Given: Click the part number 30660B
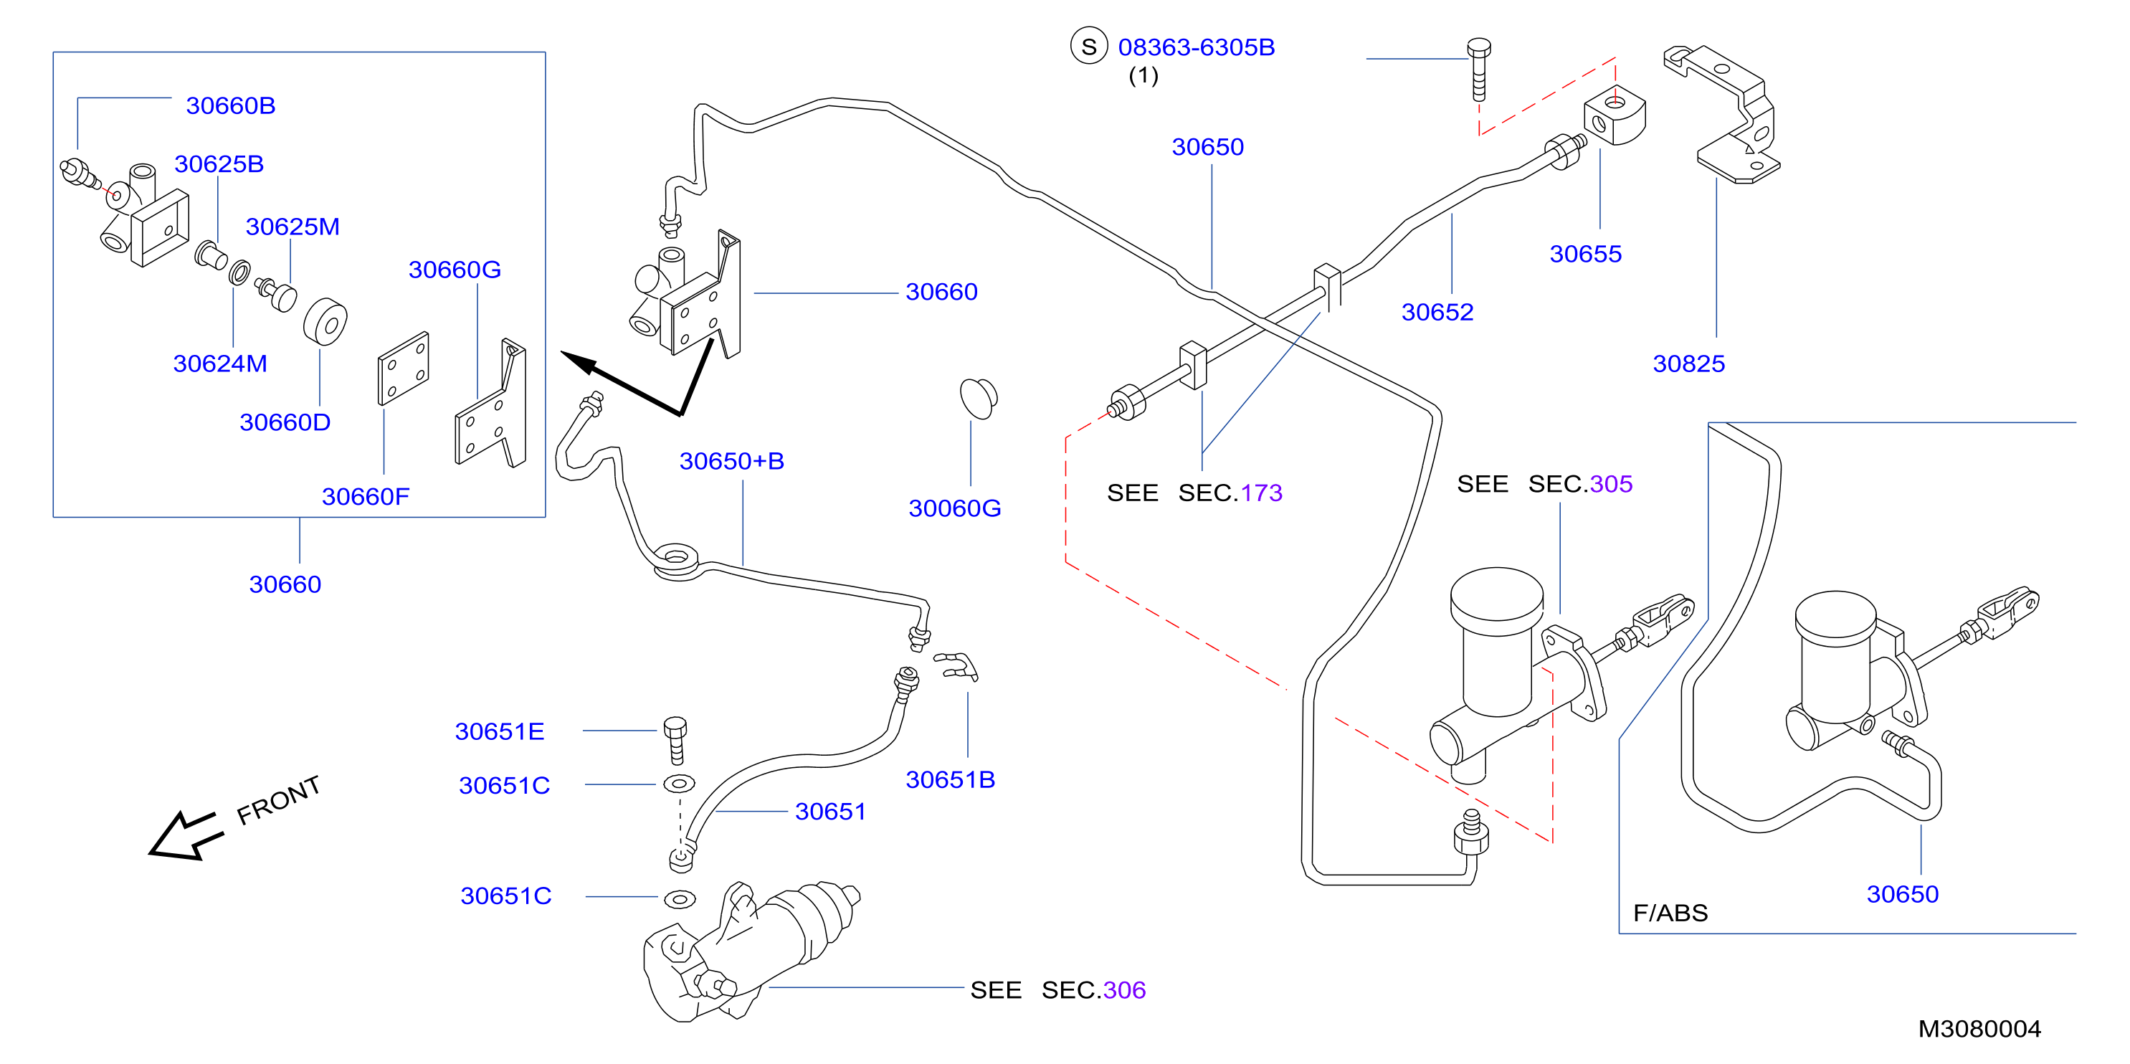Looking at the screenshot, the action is tap(231, 106).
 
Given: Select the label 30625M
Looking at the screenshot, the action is tap(293, 227).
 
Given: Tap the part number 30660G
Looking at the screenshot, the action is tap(455, 270).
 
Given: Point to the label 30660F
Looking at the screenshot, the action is tap(366, 496).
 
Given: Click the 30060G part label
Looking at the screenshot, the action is tap(955, 508).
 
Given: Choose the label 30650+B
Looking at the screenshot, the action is tap(732, 460).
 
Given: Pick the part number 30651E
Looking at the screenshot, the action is tap(500, 731).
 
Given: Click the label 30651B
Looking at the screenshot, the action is tap(950, 779).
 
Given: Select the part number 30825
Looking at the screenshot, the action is tap(1688, 363).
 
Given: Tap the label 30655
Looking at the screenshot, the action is tap(1585, 253).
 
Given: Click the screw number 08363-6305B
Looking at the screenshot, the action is tap(1197, 47).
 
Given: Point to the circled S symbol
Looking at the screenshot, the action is tap(1089, 47).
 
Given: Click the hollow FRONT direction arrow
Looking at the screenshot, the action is tap(185, 836).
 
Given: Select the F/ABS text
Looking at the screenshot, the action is tap(1670, 913).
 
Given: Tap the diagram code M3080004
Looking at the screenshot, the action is tap(1979, 1028).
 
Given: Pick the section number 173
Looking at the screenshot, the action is tap(1262, 493).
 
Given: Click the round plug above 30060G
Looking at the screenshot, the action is tap(978, 399).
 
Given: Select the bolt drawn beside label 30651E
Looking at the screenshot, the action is tap(675, 740).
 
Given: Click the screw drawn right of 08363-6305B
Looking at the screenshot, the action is tap(1478, 70).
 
